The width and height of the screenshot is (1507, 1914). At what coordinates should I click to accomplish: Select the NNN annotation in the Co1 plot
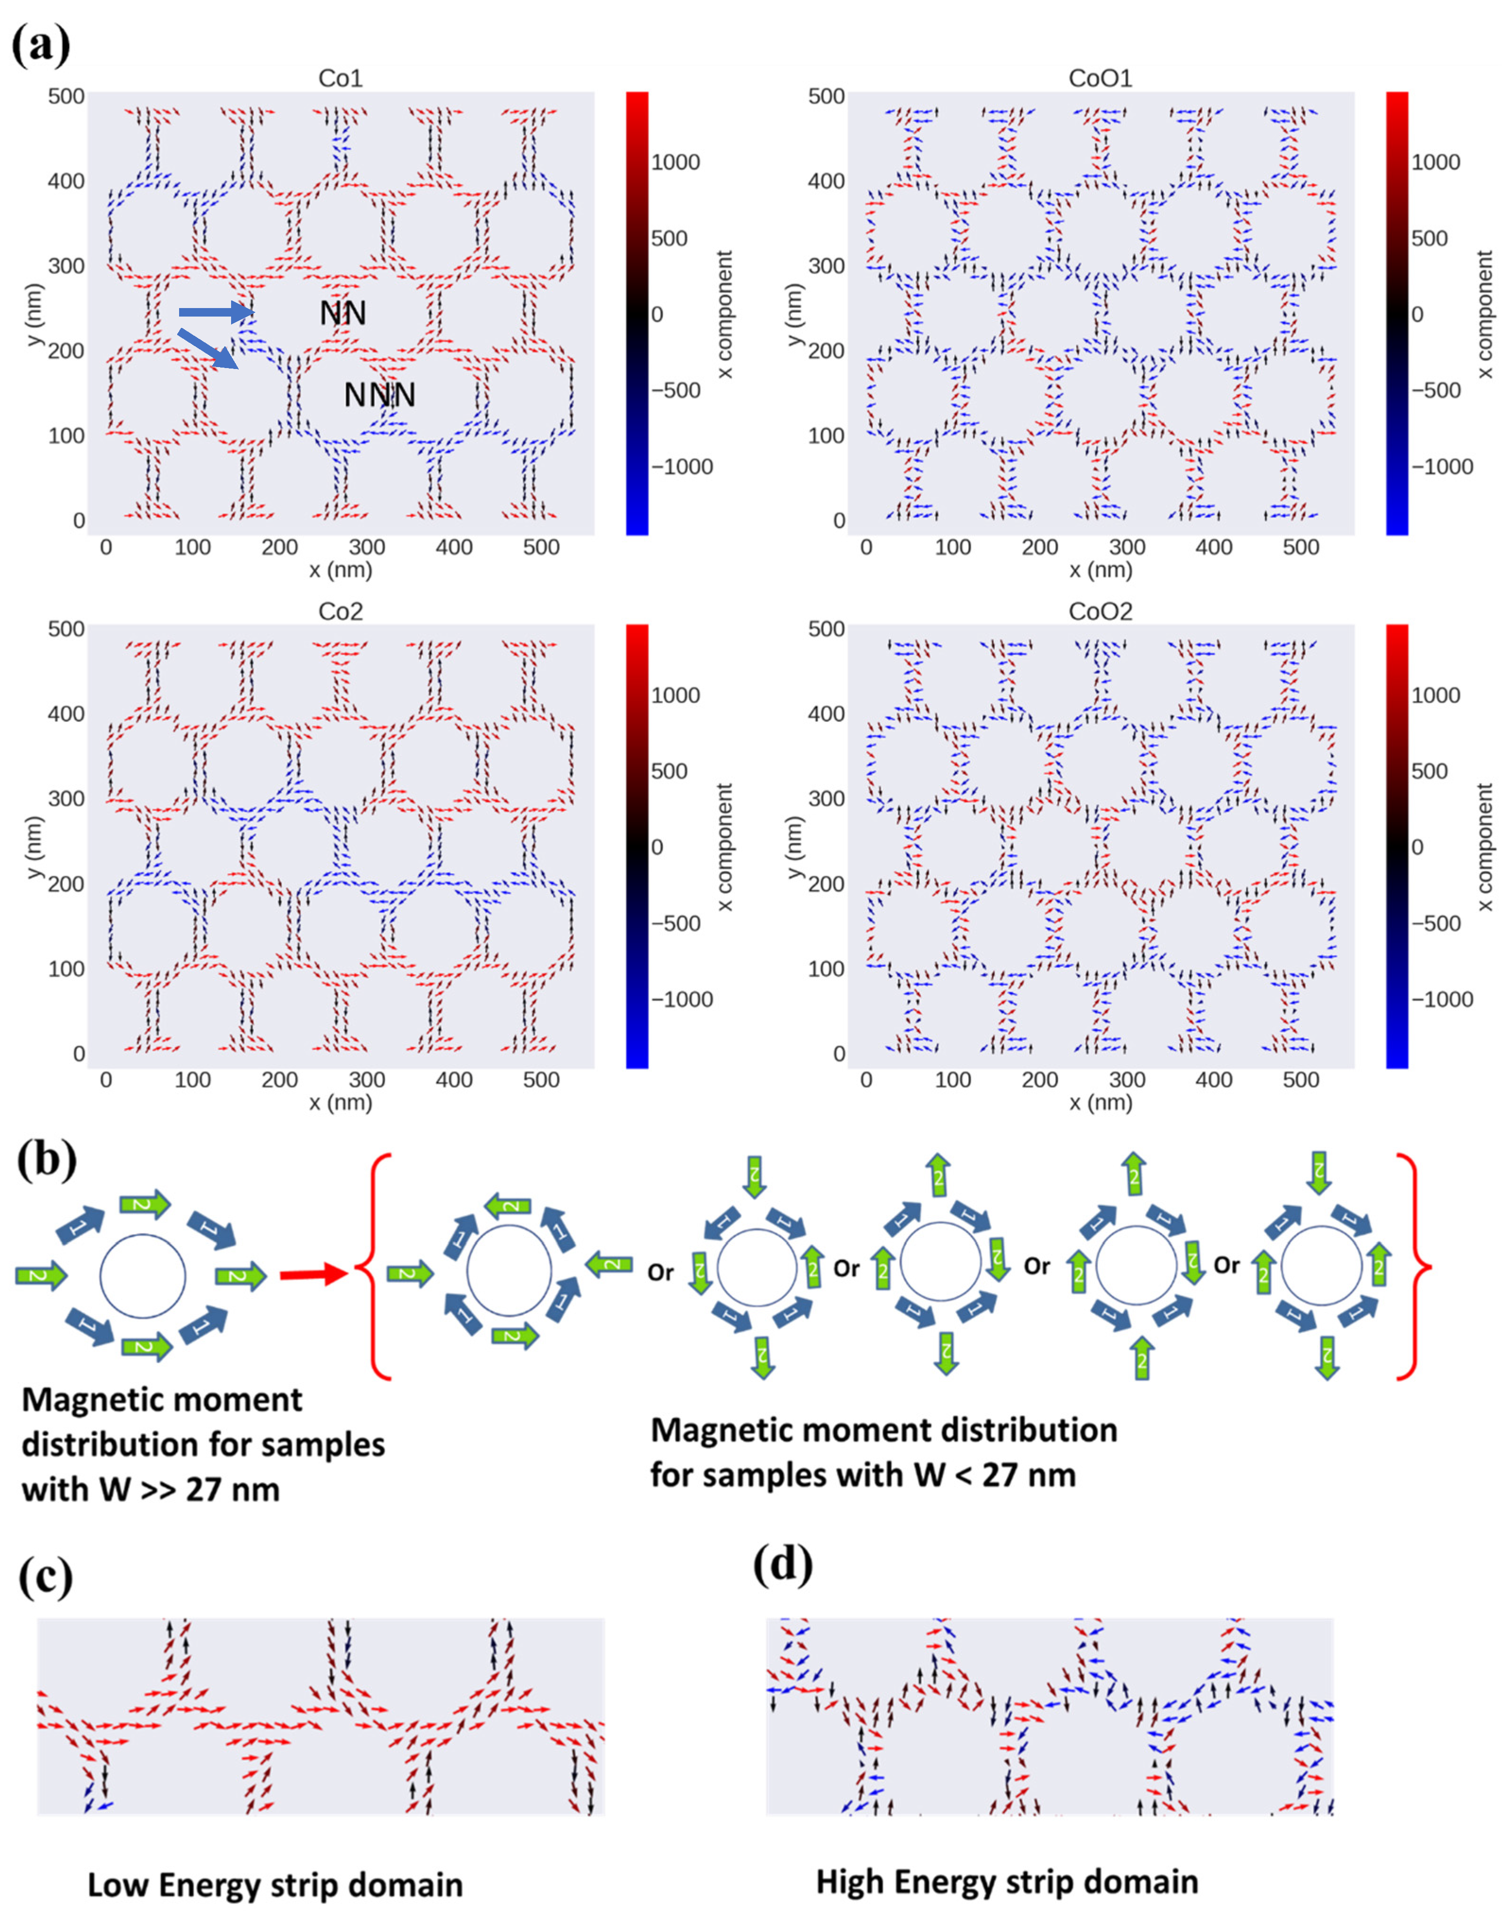[x=379, y=395]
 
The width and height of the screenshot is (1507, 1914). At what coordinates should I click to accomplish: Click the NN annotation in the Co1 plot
[x=342, y=313]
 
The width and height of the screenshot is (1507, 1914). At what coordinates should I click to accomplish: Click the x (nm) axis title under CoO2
[x=1099, y=1103]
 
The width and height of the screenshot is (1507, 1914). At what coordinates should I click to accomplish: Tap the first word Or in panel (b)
[x=661, y=1273]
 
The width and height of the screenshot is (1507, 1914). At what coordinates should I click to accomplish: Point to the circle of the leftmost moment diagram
[x=143, y=1275]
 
